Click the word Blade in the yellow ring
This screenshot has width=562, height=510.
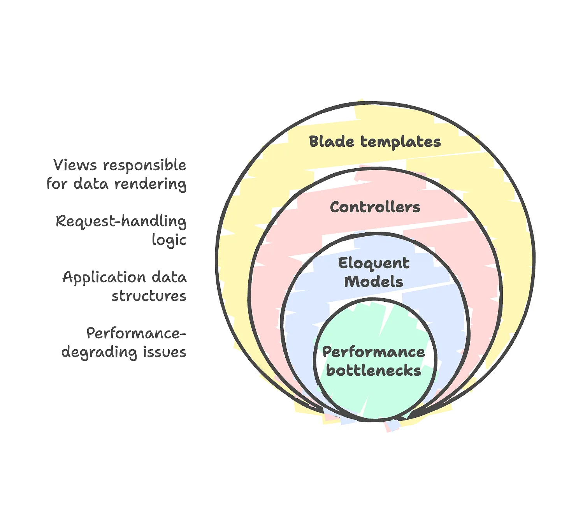(332, 141)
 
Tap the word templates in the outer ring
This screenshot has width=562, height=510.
(400, 142)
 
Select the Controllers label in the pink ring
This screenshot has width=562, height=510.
(375, 207)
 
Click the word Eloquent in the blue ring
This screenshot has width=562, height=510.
(374, 264)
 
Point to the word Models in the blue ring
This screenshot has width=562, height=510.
(374, 281)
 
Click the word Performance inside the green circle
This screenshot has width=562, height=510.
(374, 352)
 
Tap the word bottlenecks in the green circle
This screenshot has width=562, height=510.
(374, 370)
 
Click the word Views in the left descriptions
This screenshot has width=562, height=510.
(75, 165)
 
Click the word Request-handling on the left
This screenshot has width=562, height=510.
(121, 222)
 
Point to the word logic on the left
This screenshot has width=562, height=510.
(169, 240)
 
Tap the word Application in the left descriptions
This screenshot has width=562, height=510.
(104, 278)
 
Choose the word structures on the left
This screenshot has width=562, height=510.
(149, 296)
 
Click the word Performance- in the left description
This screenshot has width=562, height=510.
(136, 334)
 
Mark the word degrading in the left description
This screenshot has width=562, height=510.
(99, 352)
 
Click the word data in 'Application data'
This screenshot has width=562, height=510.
(169, 277)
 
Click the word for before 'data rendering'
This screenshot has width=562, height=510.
(57, 183)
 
